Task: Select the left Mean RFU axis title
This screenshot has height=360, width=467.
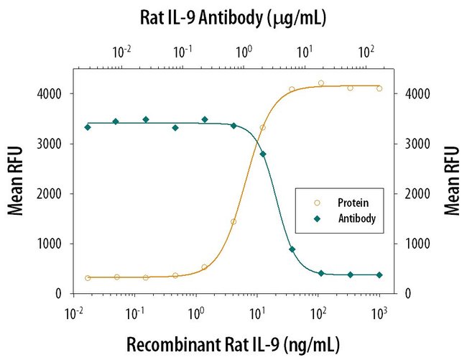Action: click(x=17, y=180)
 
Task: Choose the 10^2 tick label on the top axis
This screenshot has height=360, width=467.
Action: click(x=366, y=52)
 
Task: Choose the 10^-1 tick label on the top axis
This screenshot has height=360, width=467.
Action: click(x=183, y=52)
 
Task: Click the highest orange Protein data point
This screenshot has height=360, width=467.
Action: click(x=321, y=83)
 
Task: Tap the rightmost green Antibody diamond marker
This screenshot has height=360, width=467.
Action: click(x=379, y=275)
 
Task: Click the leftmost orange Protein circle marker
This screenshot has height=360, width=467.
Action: click(x=88, y=278)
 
